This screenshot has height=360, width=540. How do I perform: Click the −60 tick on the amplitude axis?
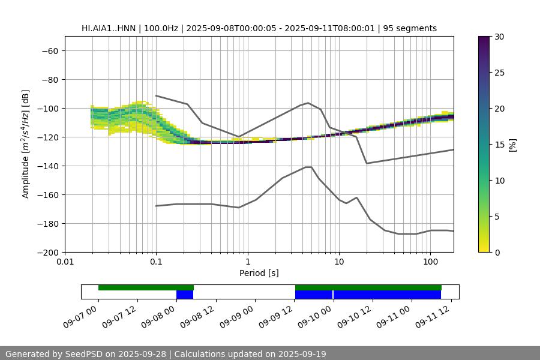49,51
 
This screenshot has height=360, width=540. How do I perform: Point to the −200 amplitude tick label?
47,253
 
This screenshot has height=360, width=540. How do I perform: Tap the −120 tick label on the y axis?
47,137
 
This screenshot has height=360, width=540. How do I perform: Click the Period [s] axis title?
259,273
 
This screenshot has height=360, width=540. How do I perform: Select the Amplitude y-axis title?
26,144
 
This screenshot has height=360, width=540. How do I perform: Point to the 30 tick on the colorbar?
499,37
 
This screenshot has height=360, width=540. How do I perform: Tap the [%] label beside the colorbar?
512,144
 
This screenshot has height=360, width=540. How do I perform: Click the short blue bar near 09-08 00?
185,295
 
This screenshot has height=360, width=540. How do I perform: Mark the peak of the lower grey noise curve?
308,167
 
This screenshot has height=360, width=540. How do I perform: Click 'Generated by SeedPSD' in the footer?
54,354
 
